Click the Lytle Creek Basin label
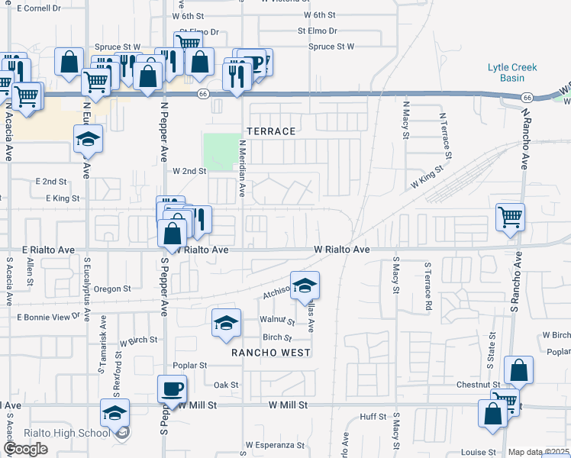(512, 73)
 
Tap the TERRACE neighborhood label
(269, 131)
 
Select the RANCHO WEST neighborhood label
(272, 353)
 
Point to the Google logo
(25, 449)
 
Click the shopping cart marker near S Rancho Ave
(509, 218)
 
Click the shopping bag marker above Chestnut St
(518, 372)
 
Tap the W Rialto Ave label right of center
(342, 250)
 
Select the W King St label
(427, 179)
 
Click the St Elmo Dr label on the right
(318, 31)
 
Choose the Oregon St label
(113, 289)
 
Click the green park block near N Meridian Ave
(219, 151)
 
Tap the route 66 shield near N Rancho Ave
(527, 98)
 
